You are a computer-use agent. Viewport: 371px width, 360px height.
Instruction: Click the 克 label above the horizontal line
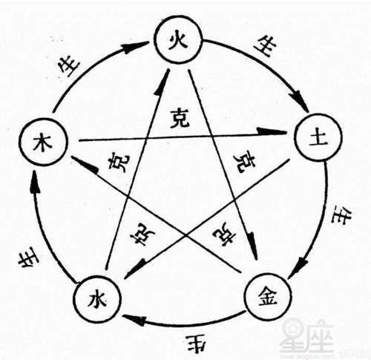point(178,117)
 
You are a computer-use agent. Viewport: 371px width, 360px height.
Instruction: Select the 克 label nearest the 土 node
point(243,162)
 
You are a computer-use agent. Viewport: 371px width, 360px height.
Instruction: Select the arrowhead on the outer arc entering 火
point(132,46)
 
